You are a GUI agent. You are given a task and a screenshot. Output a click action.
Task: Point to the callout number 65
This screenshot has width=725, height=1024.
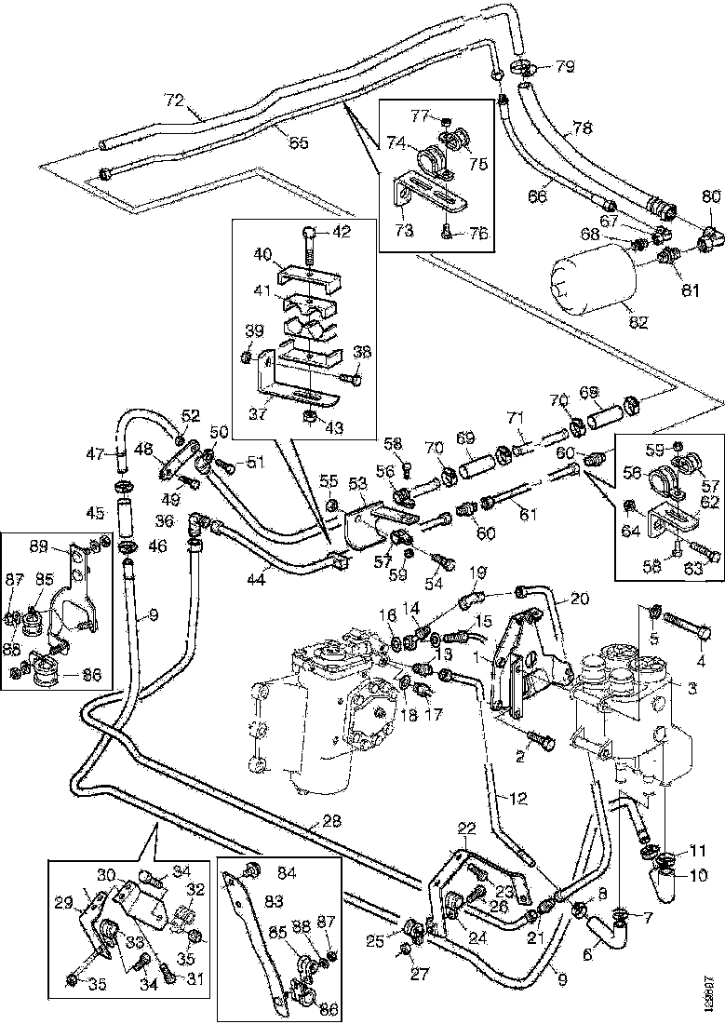click(x=298, y=142)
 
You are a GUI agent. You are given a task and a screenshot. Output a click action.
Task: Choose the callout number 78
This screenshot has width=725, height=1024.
click(x=582, y=128)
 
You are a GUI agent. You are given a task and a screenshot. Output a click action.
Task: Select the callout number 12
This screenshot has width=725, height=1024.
click(x=518, y=797)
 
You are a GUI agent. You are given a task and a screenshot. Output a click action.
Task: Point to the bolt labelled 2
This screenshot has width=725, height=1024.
click(x=540, y=739)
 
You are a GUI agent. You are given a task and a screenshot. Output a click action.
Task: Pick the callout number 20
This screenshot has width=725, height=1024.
click(x=580, y=600)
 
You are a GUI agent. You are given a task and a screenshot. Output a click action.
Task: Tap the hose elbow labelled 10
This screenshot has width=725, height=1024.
click(x=666, y=878)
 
